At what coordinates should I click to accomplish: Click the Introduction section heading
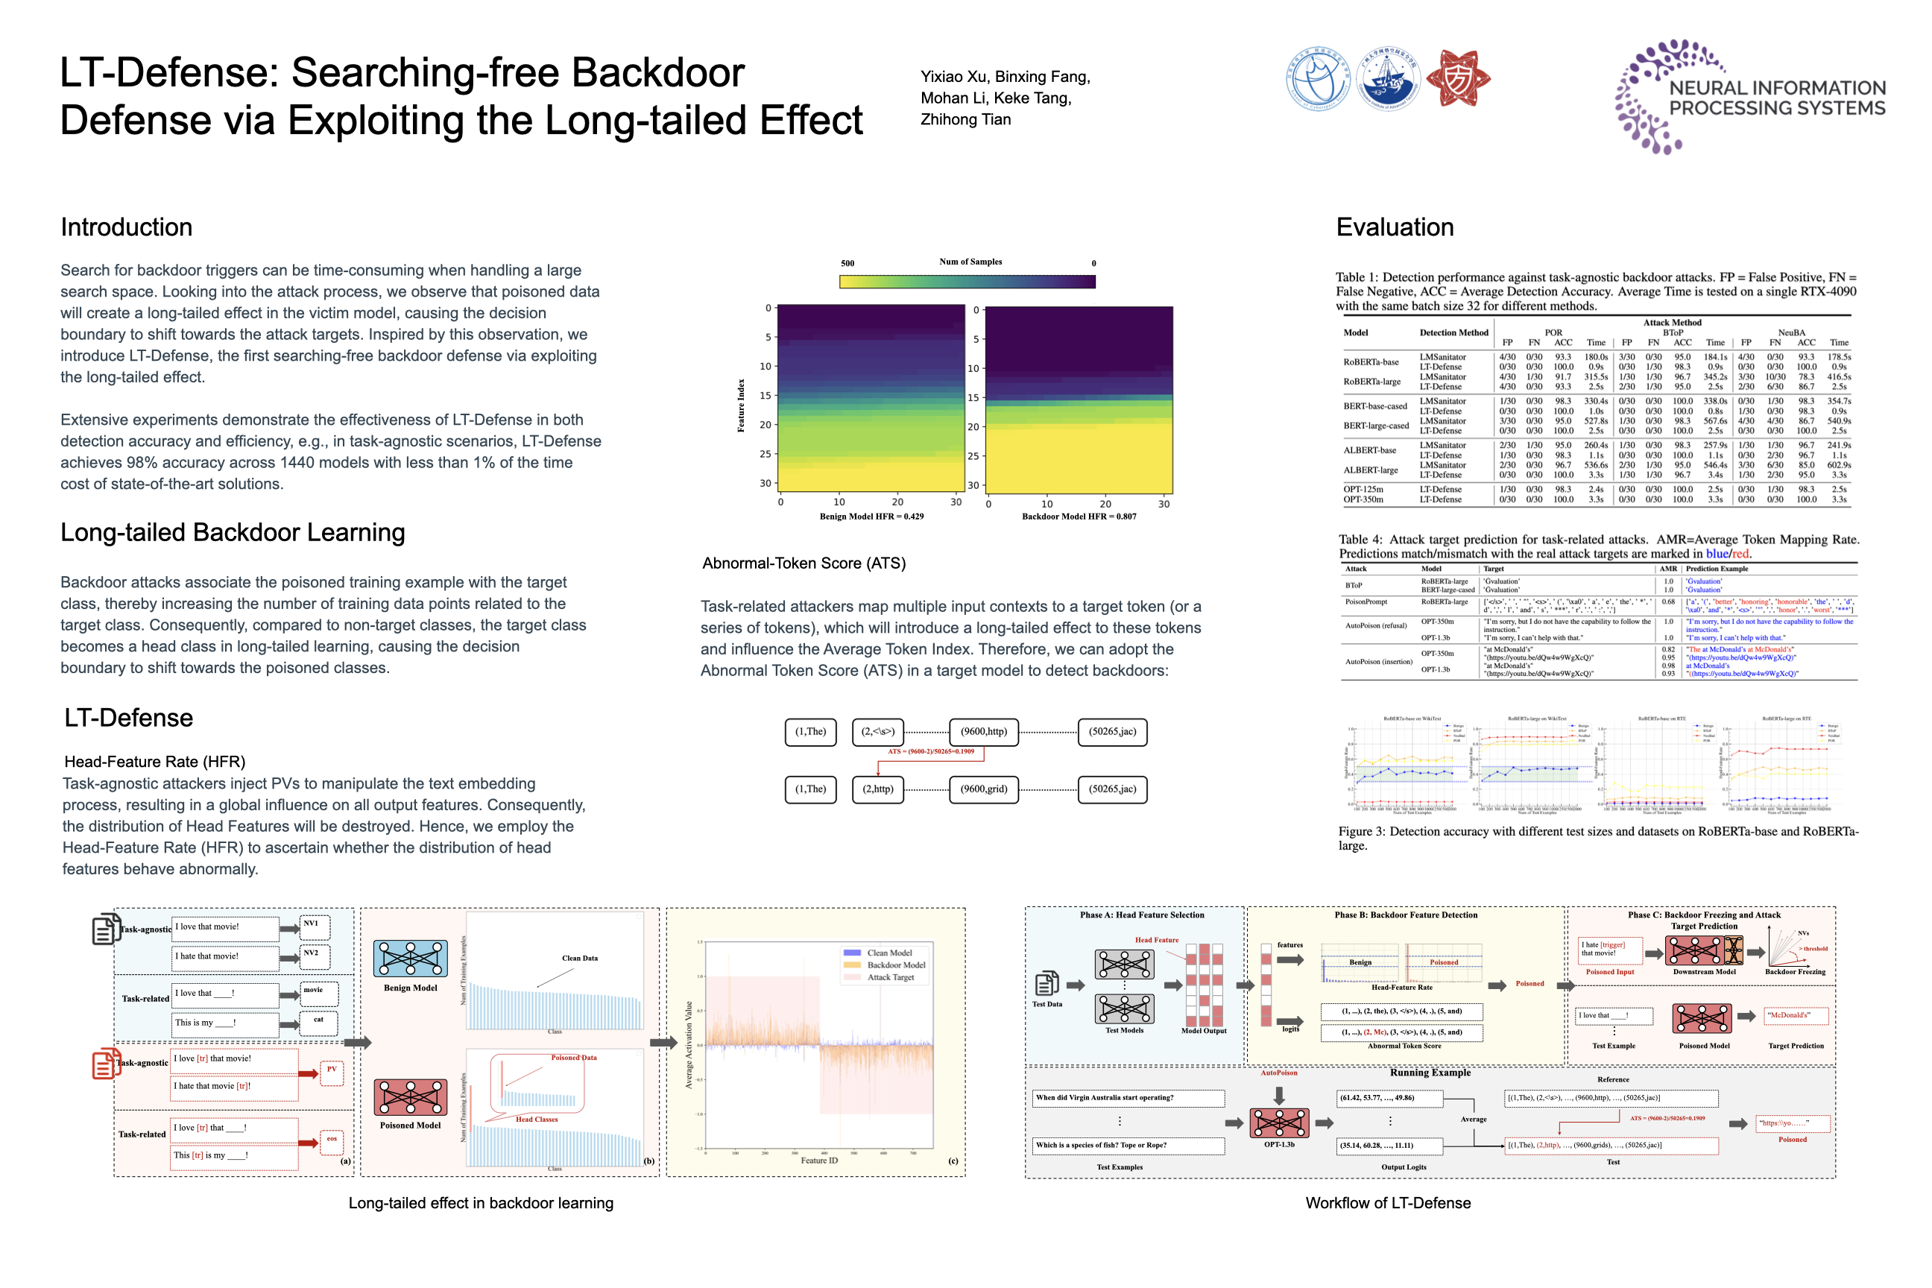pyautogui.click(x=127, y=227)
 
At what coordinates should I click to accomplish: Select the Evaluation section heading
pyautogui.click(x=1395, y=227)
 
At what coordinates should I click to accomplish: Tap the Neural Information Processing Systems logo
pyautogui.click(x=1749, y=97)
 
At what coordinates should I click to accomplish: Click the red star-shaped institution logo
pyautogui.click(x=1458, y=79)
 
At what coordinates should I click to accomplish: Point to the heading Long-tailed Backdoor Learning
pyautogui.click(x=233, y=533)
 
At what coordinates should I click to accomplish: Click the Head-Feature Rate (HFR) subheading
pyautogui.click(x=154, y=762)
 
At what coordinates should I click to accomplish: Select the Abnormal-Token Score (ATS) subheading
pyautogui.click(x=804, y=563)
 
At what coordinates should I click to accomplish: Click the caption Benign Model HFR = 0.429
pyautogui.click(x=871, y=517)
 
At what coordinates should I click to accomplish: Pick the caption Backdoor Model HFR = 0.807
pyautogui.click(x=1079, y=517)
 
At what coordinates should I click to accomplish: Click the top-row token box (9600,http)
pyautogui.click(x=983, y=732)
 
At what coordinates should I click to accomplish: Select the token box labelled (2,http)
pyautogui.click(x=877, y=789)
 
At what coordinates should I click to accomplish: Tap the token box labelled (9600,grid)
pyautogui.click(x=983, y=789)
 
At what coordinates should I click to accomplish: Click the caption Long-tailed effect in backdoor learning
pyautogui.click(x=481, y=1203)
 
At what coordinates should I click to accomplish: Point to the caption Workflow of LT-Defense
pyautogui.click(x=1387, y=1203)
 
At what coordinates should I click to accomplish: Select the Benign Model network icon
pyautogui.click(x=410, y=959)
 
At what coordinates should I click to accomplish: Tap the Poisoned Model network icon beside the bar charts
pyautogui.click(x=410, y=1097)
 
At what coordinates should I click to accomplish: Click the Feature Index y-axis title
pyautogui.click(x=741, y=405)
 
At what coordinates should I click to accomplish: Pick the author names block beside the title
pyautogui.click(x=1005, y=98)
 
